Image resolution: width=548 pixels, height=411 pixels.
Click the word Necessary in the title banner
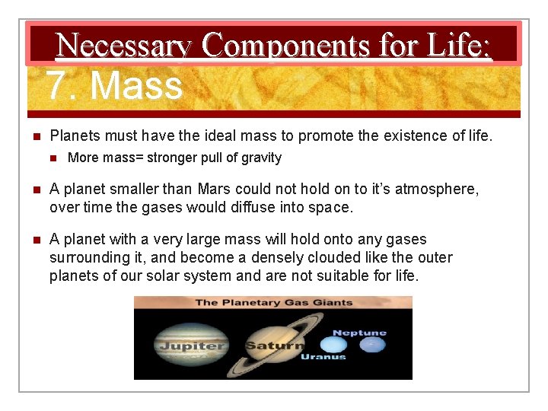[x=124, y=46]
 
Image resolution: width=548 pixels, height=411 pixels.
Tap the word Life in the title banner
[x=459, y=46]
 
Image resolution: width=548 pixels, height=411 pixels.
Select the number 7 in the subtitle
[x=58, y=85]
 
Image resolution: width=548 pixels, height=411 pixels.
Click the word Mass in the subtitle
[x=136, y=85]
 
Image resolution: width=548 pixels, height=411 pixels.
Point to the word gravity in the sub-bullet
[x=261, y=158]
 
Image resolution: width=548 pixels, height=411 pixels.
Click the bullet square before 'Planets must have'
[x=34, y=136]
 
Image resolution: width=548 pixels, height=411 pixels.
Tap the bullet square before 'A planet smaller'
[x=34, y=190]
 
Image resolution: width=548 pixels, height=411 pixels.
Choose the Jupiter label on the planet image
[x=191, y=346]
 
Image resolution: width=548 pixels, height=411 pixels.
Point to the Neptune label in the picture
[x=359, y=333]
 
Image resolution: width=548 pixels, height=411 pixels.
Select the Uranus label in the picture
[x=323, y=356]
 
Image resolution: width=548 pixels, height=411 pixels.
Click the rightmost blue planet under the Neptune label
[x=372, y=346]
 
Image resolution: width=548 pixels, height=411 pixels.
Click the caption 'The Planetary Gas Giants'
[x=273, y=302]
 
